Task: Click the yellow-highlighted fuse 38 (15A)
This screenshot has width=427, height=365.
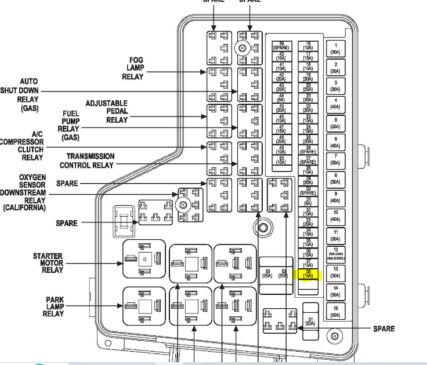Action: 307,275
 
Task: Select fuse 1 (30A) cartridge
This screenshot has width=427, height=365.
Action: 335,49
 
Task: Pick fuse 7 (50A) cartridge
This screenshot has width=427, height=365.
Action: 335,160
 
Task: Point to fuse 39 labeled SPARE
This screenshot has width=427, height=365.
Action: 281,46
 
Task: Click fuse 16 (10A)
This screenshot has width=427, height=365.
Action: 307,46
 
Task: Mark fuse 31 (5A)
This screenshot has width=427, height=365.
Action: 307,201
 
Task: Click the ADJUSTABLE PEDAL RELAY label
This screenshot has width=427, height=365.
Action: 107,111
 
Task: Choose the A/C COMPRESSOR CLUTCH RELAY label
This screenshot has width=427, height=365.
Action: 23,145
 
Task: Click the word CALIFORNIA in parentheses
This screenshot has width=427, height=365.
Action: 26,207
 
